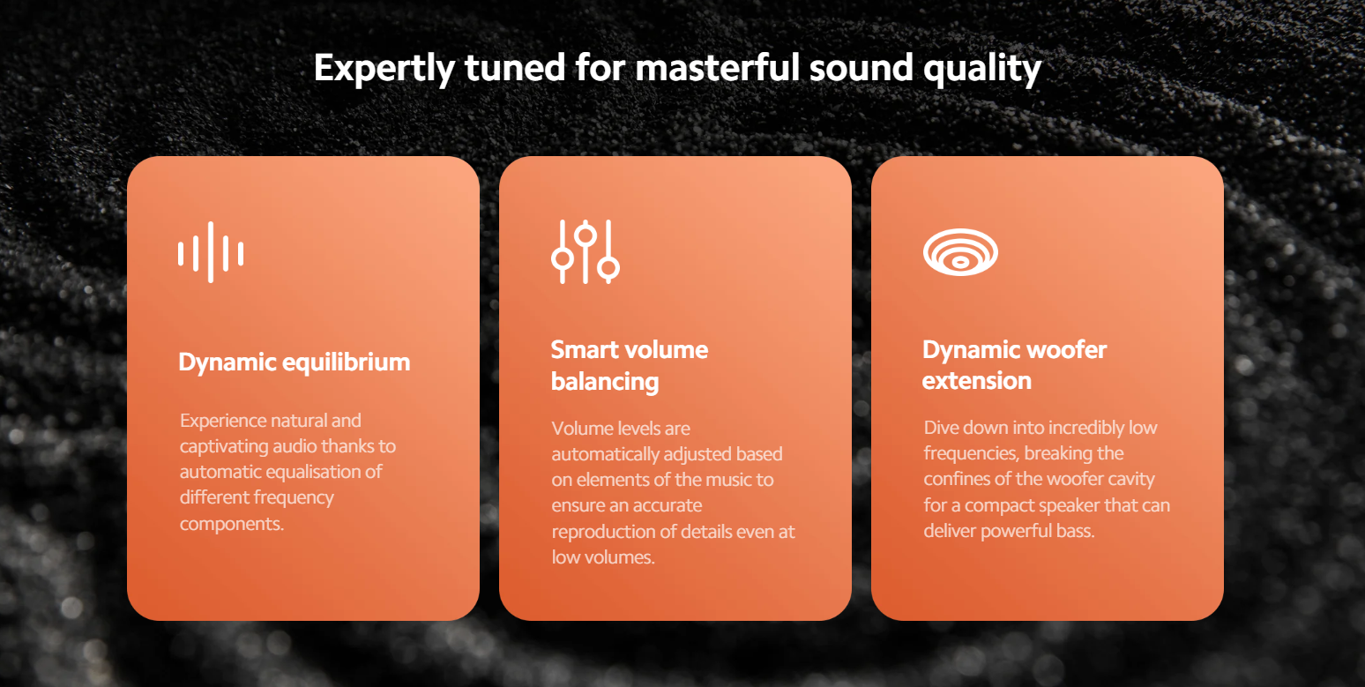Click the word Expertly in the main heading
384,68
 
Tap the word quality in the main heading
982,68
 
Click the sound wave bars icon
211,252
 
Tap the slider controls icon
585,251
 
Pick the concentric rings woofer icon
960,251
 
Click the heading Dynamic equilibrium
295,362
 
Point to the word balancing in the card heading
605,382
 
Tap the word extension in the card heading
977,381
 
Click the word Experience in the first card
232,422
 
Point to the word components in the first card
232,524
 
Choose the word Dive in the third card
942,428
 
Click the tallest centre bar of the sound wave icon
211,252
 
